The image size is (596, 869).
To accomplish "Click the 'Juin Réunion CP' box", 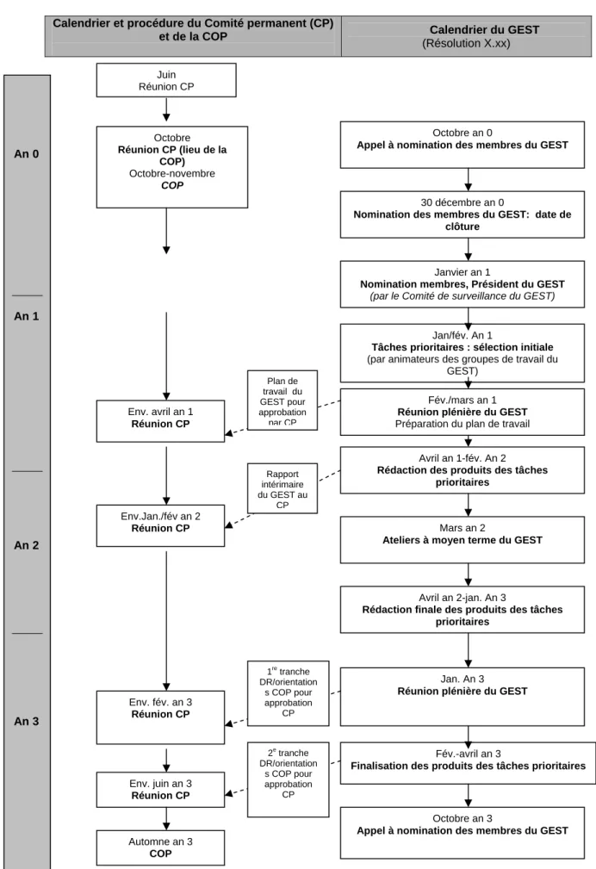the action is click(166, 80).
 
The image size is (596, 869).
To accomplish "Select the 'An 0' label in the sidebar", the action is click(27, 154).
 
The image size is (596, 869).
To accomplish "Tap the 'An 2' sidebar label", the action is click(27, 545).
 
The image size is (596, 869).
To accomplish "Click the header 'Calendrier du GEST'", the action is click(484, 30).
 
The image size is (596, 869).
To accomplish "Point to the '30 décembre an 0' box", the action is click(463, 214).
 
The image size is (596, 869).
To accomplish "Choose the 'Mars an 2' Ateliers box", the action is click(463, 540).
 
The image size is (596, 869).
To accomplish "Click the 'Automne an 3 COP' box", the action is click(161, 847).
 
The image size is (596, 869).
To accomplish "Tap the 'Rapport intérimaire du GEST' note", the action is click(282, 488).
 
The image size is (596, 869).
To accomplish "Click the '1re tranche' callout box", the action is click(289, 692).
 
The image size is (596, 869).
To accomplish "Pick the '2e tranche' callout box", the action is click(289, 779).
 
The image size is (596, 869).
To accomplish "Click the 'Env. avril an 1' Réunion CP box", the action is click(161, 421).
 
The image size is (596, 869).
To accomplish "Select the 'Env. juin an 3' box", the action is click(161, 789).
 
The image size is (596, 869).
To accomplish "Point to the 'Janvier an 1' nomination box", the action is click(463, 284).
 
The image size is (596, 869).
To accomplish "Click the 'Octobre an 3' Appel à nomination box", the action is click(463, 833).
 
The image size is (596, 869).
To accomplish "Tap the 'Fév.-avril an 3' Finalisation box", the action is click(468, 763).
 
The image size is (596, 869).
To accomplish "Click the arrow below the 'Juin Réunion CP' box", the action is click(166, 109).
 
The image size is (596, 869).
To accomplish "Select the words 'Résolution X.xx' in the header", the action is click(466, 43).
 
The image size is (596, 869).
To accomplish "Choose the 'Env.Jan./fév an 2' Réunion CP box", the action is click(161, 525).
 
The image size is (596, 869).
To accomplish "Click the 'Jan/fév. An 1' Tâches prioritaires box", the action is click(463, 353).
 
